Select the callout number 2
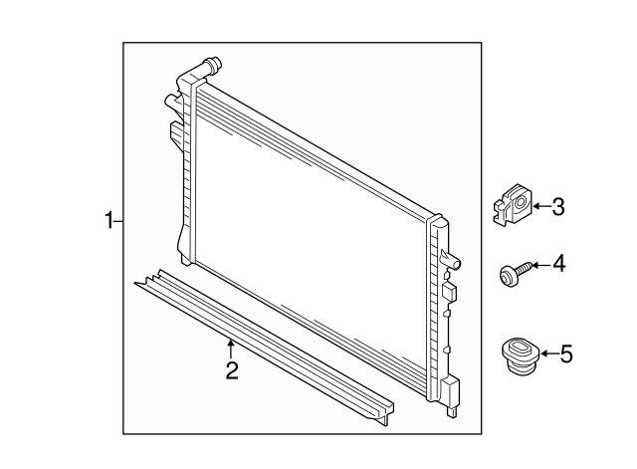point(231,371)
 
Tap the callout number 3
point(557,207)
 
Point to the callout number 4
point(557,264)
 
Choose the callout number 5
point(567,352)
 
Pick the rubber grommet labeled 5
point(516,356)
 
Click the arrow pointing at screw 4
point(534,265)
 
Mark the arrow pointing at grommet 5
point(546,352)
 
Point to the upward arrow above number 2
point(231,348)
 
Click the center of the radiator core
point(314,239)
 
